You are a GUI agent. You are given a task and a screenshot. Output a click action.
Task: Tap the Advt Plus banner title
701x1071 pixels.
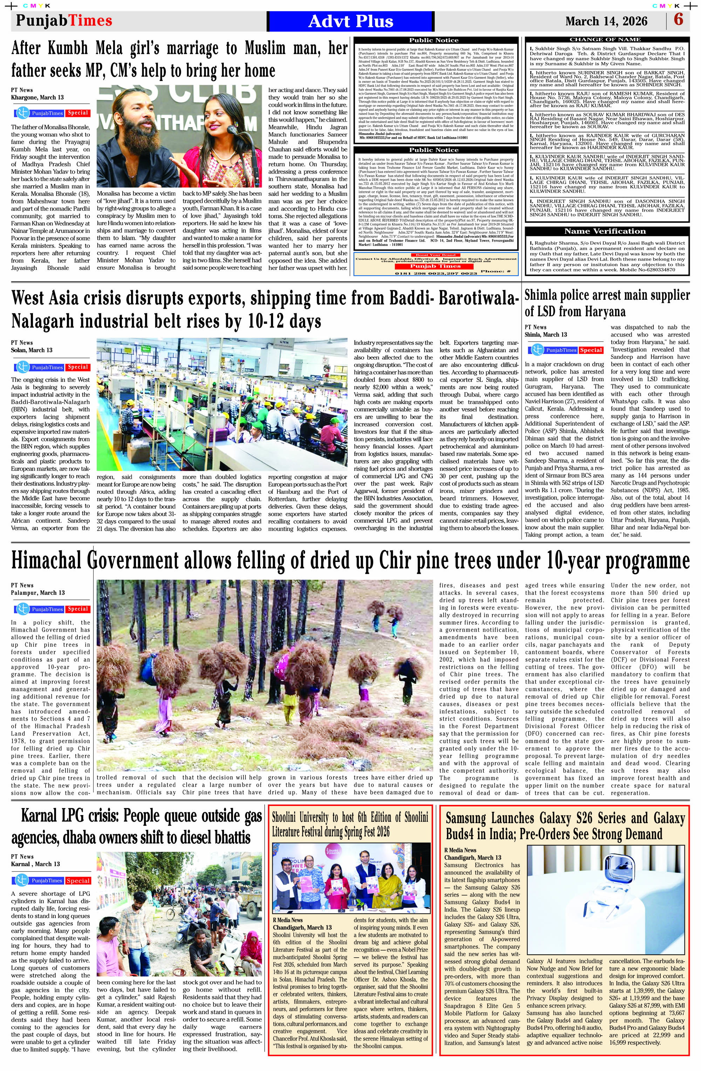(350, 21)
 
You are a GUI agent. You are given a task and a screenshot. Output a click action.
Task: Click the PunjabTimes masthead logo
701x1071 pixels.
(64, 21)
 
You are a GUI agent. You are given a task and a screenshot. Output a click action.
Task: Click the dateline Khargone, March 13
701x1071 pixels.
(38, 97)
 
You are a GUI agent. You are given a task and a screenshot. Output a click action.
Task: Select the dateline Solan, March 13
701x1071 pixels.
(32, 350)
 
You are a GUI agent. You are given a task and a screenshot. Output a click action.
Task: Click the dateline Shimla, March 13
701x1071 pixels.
(546, 334)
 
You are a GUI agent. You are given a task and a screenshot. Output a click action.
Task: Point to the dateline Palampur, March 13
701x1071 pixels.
(38, 593)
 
